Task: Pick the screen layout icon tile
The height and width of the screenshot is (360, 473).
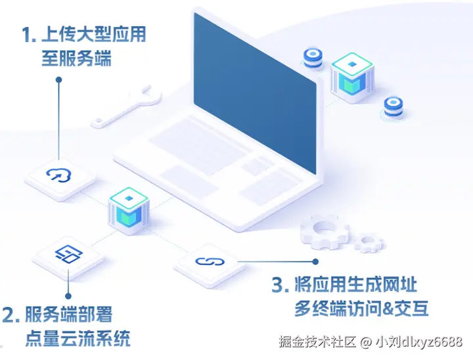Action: [68, 254]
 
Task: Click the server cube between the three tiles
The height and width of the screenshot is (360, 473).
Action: [127, 210]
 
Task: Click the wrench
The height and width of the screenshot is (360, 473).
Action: [127, 106]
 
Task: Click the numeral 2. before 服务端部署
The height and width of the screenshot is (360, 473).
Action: [11, 315]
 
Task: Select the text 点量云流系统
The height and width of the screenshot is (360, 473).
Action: [78, 338]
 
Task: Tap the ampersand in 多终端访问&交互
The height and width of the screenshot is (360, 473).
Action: [392, 308]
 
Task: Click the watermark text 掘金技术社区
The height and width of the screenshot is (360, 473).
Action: [317, 342]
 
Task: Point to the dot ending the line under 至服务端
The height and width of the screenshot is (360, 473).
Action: [59, 79]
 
